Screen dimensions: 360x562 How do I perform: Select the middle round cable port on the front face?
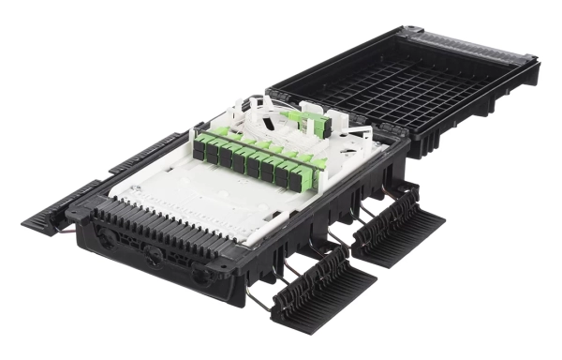pos(153,259)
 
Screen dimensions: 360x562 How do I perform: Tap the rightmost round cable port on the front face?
pos(199,276)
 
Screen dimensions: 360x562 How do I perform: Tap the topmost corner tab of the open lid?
pos(402,31)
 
